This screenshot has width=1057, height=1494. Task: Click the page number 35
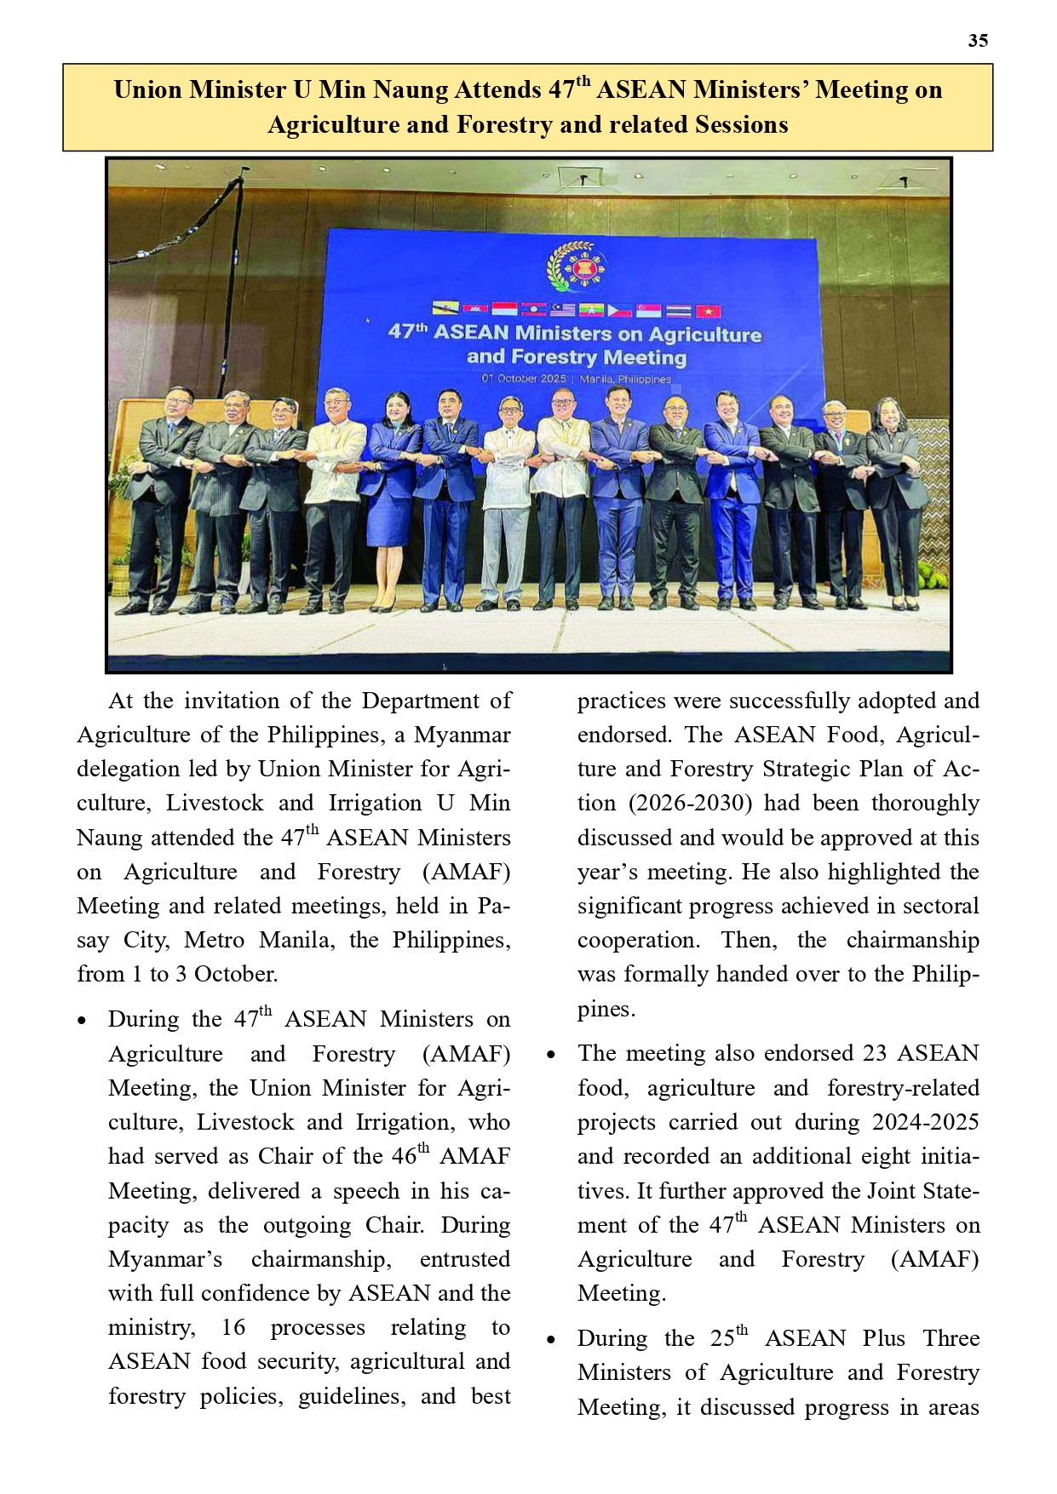tap(978, 41)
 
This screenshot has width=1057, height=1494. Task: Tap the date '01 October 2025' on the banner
tap(523, 378)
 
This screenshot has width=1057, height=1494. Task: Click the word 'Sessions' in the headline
tap(741, 125)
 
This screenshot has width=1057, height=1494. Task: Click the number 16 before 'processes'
tap(233, 1327)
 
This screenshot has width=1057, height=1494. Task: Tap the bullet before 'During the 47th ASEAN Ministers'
tap(82, 1021)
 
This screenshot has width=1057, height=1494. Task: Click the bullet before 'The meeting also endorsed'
tap(551, 1055)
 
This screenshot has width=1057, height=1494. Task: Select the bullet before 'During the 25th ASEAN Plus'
tap(551, 1340)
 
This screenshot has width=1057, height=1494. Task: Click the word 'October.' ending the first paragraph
tap(236, 974)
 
